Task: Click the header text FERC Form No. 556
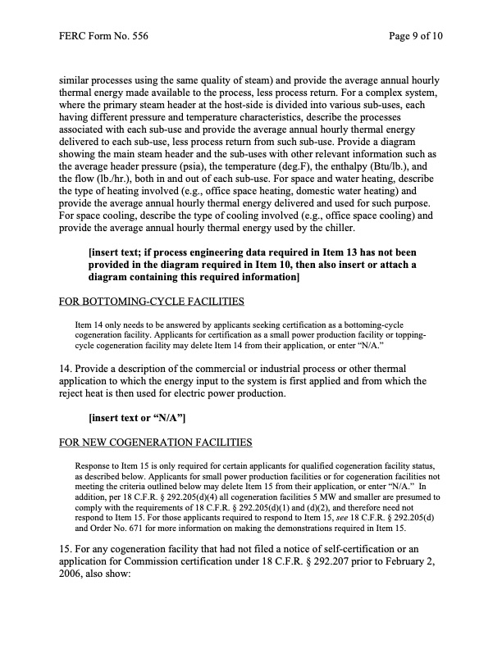(x=103, y=37)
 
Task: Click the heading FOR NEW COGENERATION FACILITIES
(x=156, y=443)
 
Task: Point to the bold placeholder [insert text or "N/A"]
(x=136, y=420)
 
